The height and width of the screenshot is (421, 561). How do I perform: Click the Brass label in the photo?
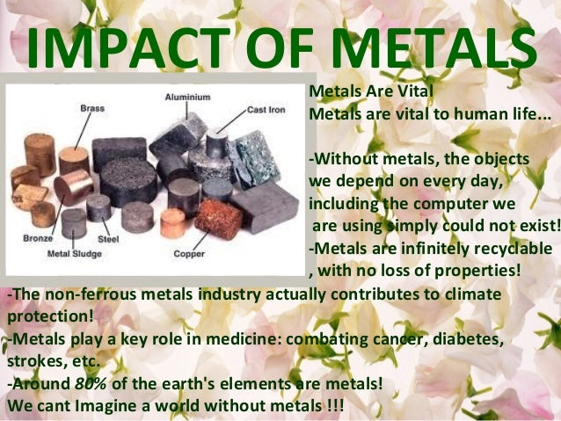[x=92, y=108]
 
